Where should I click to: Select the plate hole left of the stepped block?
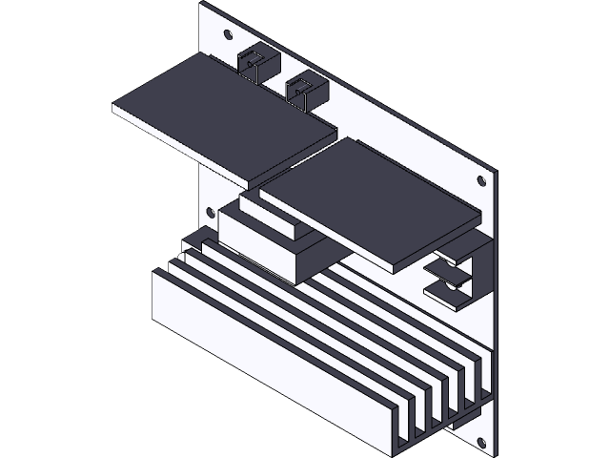click(x=212, y=209)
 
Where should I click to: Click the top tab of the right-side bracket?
click(x=456, y=253)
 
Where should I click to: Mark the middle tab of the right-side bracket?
click(x=448, y=272)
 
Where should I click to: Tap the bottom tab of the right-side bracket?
click(x=453, y=288)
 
